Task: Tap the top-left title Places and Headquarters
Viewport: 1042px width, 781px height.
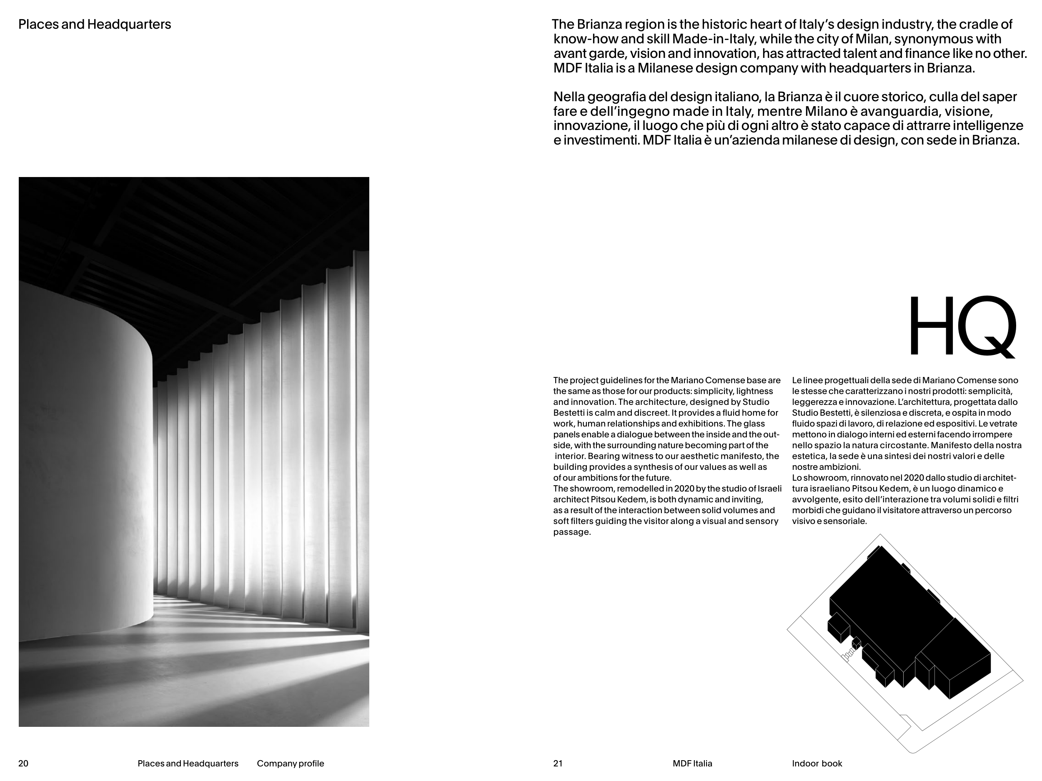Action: [x=94, y=25]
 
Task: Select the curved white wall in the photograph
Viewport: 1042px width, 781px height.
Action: [x=85, y=471]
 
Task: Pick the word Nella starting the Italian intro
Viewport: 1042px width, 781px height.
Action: [x=572, y=97]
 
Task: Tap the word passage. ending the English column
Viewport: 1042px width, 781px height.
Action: [x=572, y=532]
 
